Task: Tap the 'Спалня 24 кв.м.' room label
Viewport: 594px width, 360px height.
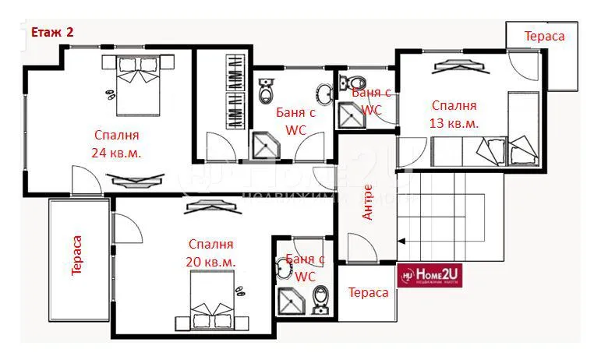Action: tap(115, 143)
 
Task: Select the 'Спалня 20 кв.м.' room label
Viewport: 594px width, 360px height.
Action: tap(210, 252)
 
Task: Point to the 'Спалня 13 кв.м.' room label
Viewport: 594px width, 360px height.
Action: tap(453, 115)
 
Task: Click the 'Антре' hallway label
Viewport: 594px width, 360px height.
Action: tap(369, 202)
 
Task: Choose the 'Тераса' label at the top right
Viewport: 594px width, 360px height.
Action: tap(544, 36)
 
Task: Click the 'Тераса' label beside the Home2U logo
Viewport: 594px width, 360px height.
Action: tap(368, 292)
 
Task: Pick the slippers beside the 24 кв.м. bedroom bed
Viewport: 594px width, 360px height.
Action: tap(111, 94)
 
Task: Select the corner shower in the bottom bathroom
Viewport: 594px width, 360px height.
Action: tap(292, 301)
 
